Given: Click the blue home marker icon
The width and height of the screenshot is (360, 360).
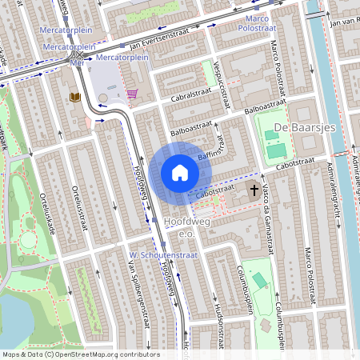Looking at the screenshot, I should (180, 173).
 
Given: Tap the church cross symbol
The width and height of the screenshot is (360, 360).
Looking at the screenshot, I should (255, 190).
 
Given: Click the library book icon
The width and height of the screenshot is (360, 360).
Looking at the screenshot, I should (76, 97).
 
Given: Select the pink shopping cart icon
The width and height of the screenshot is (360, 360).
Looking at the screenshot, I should (132, 94).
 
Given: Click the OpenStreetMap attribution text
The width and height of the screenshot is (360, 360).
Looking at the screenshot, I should (80, 354).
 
